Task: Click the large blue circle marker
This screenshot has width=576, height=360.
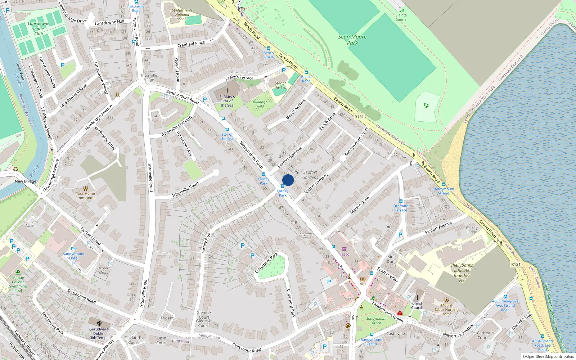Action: (x=288, y=180)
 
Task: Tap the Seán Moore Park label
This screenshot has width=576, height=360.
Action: (x=352, y=40)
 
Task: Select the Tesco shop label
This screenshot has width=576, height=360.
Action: (x=345, y=254)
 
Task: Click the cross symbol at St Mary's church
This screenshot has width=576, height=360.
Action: (x=227, y=91)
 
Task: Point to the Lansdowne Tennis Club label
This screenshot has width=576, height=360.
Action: (x=39, y=29)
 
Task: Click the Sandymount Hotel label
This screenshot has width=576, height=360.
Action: (x=74, y=256)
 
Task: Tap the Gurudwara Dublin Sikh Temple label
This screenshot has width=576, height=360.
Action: (x=99, y=333)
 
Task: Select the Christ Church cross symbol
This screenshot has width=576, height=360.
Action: (x=417, y=298)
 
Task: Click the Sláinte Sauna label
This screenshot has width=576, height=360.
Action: (x=401, y=17)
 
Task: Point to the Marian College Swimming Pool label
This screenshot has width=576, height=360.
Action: (x=18, y=284)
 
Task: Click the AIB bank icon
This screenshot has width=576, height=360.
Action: (x=363, y=279)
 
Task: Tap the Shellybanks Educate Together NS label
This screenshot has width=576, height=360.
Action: (x=462, y=273)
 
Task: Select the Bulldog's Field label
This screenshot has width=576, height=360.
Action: (x=260, y=104)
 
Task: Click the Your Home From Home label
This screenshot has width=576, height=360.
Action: (x=85, y=195)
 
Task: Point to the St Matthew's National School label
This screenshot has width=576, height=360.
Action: (x=182, y=15)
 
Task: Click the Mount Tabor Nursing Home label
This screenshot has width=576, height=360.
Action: (x=446, y=309)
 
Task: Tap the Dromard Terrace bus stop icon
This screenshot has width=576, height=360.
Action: (x=401, y=202)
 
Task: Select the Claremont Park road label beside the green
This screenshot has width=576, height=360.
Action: (x=266, y=263)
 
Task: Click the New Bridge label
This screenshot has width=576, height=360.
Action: (x=26, y=181)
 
